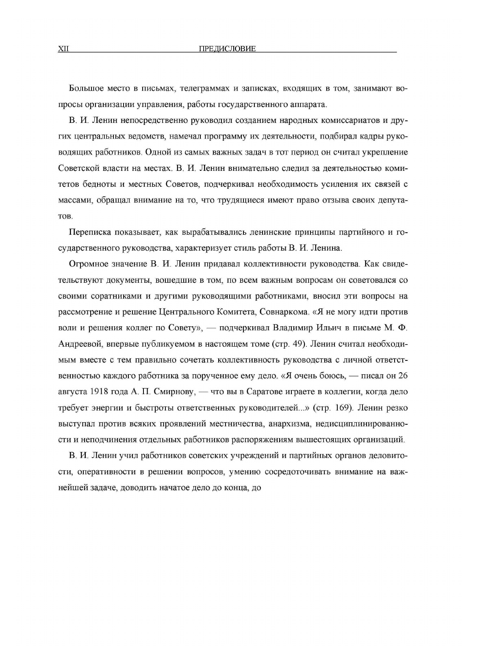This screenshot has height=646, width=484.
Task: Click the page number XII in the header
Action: (64, 49)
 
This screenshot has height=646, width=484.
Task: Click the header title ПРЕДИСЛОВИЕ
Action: (227, 49)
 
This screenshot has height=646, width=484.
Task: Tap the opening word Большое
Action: (86, 88)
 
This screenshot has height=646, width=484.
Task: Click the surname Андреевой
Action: (80, 344)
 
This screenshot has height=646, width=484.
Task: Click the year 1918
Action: (99, 392)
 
